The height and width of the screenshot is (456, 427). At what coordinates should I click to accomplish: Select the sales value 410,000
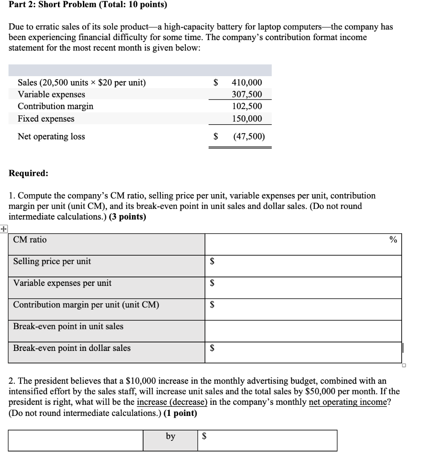point(247,82)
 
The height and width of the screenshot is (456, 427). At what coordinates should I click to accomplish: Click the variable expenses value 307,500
point(247,94)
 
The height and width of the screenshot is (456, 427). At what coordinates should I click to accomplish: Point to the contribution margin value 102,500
point(247,106)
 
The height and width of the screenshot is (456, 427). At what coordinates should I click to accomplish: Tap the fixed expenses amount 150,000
point(247,119)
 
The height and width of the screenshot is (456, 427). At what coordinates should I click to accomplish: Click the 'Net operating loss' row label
point(51,137)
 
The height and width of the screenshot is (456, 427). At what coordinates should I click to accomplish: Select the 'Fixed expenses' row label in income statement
point(46,119)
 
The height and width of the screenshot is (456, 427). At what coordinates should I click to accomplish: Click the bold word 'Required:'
point(29,174)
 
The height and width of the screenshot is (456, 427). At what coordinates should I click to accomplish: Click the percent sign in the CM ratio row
point(393,240)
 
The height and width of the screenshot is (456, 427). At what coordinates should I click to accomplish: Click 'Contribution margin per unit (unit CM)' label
point(86,305)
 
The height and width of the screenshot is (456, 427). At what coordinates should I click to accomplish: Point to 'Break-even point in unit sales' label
point(68,326)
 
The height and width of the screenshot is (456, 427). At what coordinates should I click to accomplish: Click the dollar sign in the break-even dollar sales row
point(213,349)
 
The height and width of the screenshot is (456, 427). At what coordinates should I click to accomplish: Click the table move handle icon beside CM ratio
point(4,229)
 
